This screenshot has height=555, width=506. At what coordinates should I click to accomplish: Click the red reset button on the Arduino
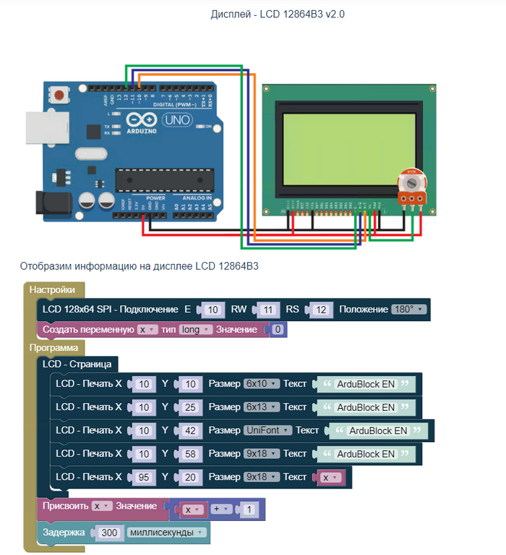[x=63, y=96]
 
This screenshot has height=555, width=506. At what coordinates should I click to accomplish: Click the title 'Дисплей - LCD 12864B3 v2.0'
[x=278, y=14]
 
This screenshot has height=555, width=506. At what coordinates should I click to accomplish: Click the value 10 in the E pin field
[x=211, y=310]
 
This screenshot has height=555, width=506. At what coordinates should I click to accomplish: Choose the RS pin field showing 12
[x=321, y=310]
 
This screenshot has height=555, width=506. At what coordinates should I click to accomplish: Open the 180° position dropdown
[x=408, y=310]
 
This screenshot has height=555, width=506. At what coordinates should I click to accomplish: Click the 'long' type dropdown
[x=195, y=330]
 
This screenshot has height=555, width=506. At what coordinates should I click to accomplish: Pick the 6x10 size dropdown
[x=261, y=384]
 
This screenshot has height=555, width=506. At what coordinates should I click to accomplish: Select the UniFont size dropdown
[x=267, y=431]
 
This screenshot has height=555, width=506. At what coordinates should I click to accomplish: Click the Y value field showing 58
[x=189, y=454]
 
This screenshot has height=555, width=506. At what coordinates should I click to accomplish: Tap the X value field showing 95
[x=143, y=478]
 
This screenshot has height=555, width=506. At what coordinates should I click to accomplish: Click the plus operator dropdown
[x=221, y=509]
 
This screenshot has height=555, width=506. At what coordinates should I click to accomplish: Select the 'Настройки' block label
[x=52, y=290]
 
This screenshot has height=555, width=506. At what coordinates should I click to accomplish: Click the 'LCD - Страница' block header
[x=76, y=364]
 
